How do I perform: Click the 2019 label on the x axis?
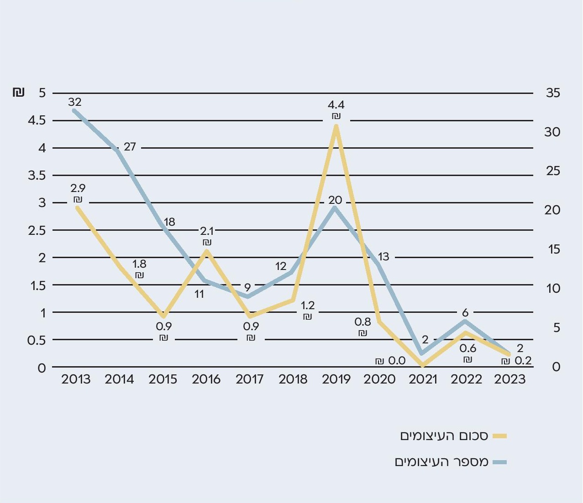click(336, 379)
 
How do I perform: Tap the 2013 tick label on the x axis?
click(76, 379)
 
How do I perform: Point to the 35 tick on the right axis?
click(553, 93)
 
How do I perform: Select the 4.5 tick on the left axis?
click(37, 120)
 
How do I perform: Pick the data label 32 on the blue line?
click(74, 102)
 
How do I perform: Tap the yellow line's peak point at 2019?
click(336, 126)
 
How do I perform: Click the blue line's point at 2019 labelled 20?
click(335, 208)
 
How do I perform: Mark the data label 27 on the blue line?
click(130, 147)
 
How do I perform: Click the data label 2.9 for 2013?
click(78, 188)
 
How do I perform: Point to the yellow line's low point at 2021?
click(423, 365)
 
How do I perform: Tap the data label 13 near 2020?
click(383, 257)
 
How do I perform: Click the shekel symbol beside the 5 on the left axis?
click(18, 93)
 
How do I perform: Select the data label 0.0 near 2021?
click(397, 361)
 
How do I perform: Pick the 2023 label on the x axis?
click(510, 379)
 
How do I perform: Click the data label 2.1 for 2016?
click(207, 231)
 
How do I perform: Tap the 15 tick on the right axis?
click(553, 249)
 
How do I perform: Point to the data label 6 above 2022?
click(465, 313)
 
